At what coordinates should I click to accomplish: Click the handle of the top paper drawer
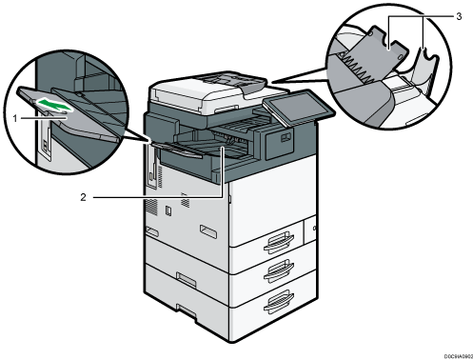coord(272,235)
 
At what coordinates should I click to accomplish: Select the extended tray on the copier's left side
coord(186,150)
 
